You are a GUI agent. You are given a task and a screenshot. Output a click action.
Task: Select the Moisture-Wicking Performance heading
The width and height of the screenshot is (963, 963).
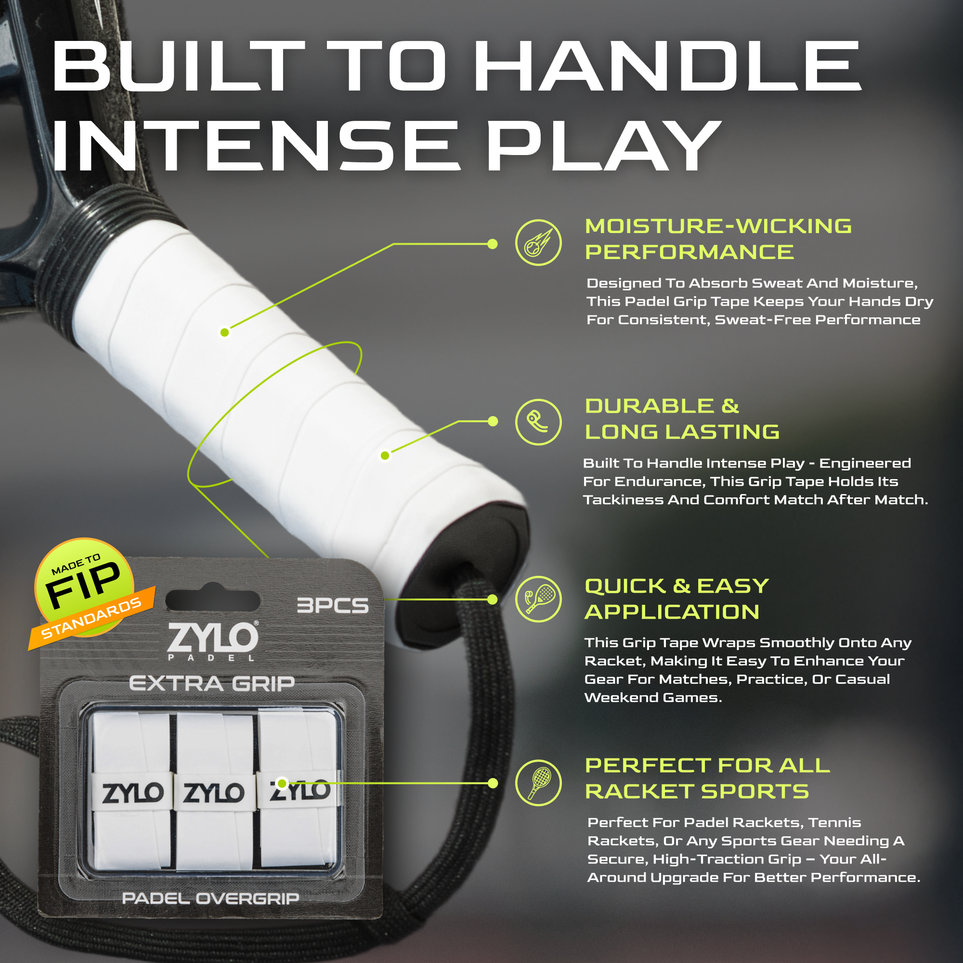(718, 239)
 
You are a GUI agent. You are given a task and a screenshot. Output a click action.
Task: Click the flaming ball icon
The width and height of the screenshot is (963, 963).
(538, 243)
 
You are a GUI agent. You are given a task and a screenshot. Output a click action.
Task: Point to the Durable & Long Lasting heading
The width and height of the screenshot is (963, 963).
(682, 419)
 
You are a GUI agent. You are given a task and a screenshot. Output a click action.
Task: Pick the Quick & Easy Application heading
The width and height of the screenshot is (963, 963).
(677, 599)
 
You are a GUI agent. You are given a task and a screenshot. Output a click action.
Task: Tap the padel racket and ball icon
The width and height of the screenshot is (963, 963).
(538, 599)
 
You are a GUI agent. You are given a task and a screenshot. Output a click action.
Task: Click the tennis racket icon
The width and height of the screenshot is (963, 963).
(538, 782)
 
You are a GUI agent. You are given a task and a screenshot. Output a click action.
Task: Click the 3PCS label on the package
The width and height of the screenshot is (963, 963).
(332, 605)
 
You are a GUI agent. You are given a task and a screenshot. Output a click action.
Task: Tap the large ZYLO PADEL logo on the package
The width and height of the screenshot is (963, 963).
(213, 641)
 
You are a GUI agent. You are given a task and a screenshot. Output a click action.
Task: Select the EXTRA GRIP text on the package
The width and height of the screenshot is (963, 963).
(212, 683)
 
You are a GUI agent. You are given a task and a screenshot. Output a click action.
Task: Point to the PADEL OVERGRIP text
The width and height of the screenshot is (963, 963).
(210, 898)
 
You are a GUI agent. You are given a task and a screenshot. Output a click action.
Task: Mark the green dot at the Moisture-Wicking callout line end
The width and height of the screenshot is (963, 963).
(493, 244)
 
